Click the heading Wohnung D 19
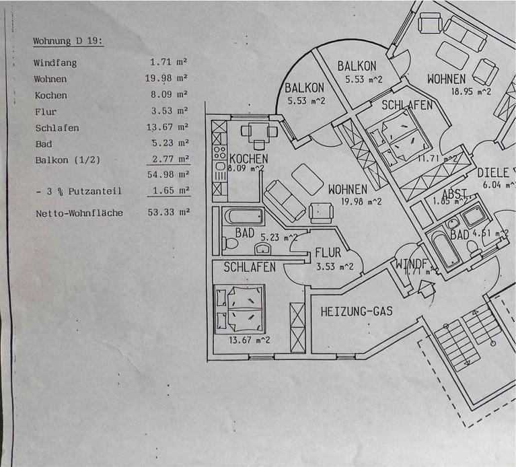click(x=67, y=41)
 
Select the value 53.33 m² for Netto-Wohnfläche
click(x=168, y=213)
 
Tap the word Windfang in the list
click(x=55, y=63)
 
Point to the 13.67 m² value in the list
click(x=168, y=127)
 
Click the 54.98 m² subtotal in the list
click(x=168, y=175)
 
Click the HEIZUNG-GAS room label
click(x=357, y=312)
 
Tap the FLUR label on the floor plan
click(x=328, y=254)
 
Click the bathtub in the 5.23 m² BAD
click(x=244, y=217)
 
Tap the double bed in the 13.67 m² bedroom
click(x=239, y=309)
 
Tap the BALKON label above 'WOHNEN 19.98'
click(x=305, y=87)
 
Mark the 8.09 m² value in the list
click(x=168, y=95)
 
